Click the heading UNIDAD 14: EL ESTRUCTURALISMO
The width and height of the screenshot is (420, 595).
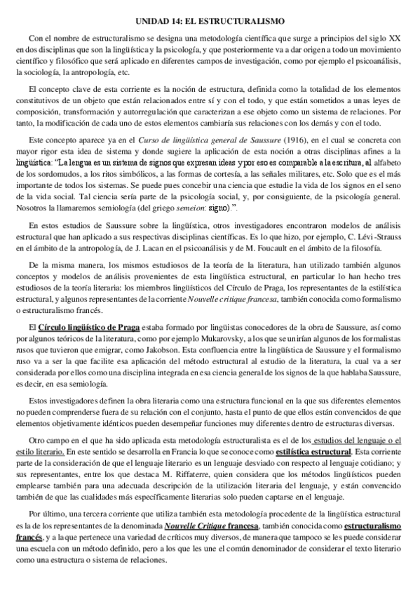pyautogui.click(x=210, y=20)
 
